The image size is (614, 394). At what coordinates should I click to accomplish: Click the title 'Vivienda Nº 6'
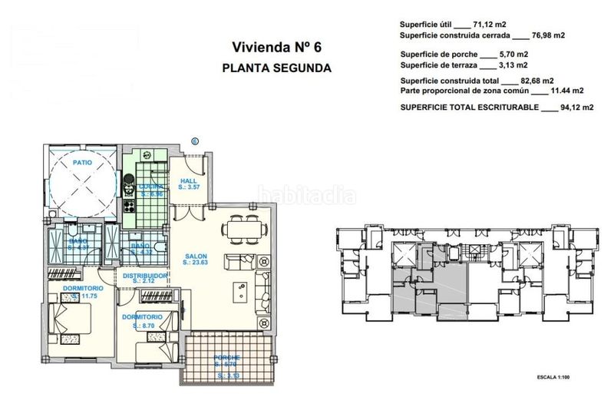coord(276,47)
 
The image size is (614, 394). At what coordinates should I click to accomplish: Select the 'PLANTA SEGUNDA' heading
coord(276,68)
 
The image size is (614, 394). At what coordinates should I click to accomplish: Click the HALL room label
coord(189,181)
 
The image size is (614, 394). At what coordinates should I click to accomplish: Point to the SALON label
coord(196,258)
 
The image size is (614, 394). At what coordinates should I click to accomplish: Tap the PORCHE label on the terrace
coord(228,358)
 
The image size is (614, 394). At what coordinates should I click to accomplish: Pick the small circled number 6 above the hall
coord(194,141)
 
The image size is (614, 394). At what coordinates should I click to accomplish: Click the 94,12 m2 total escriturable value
coord(576,108)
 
